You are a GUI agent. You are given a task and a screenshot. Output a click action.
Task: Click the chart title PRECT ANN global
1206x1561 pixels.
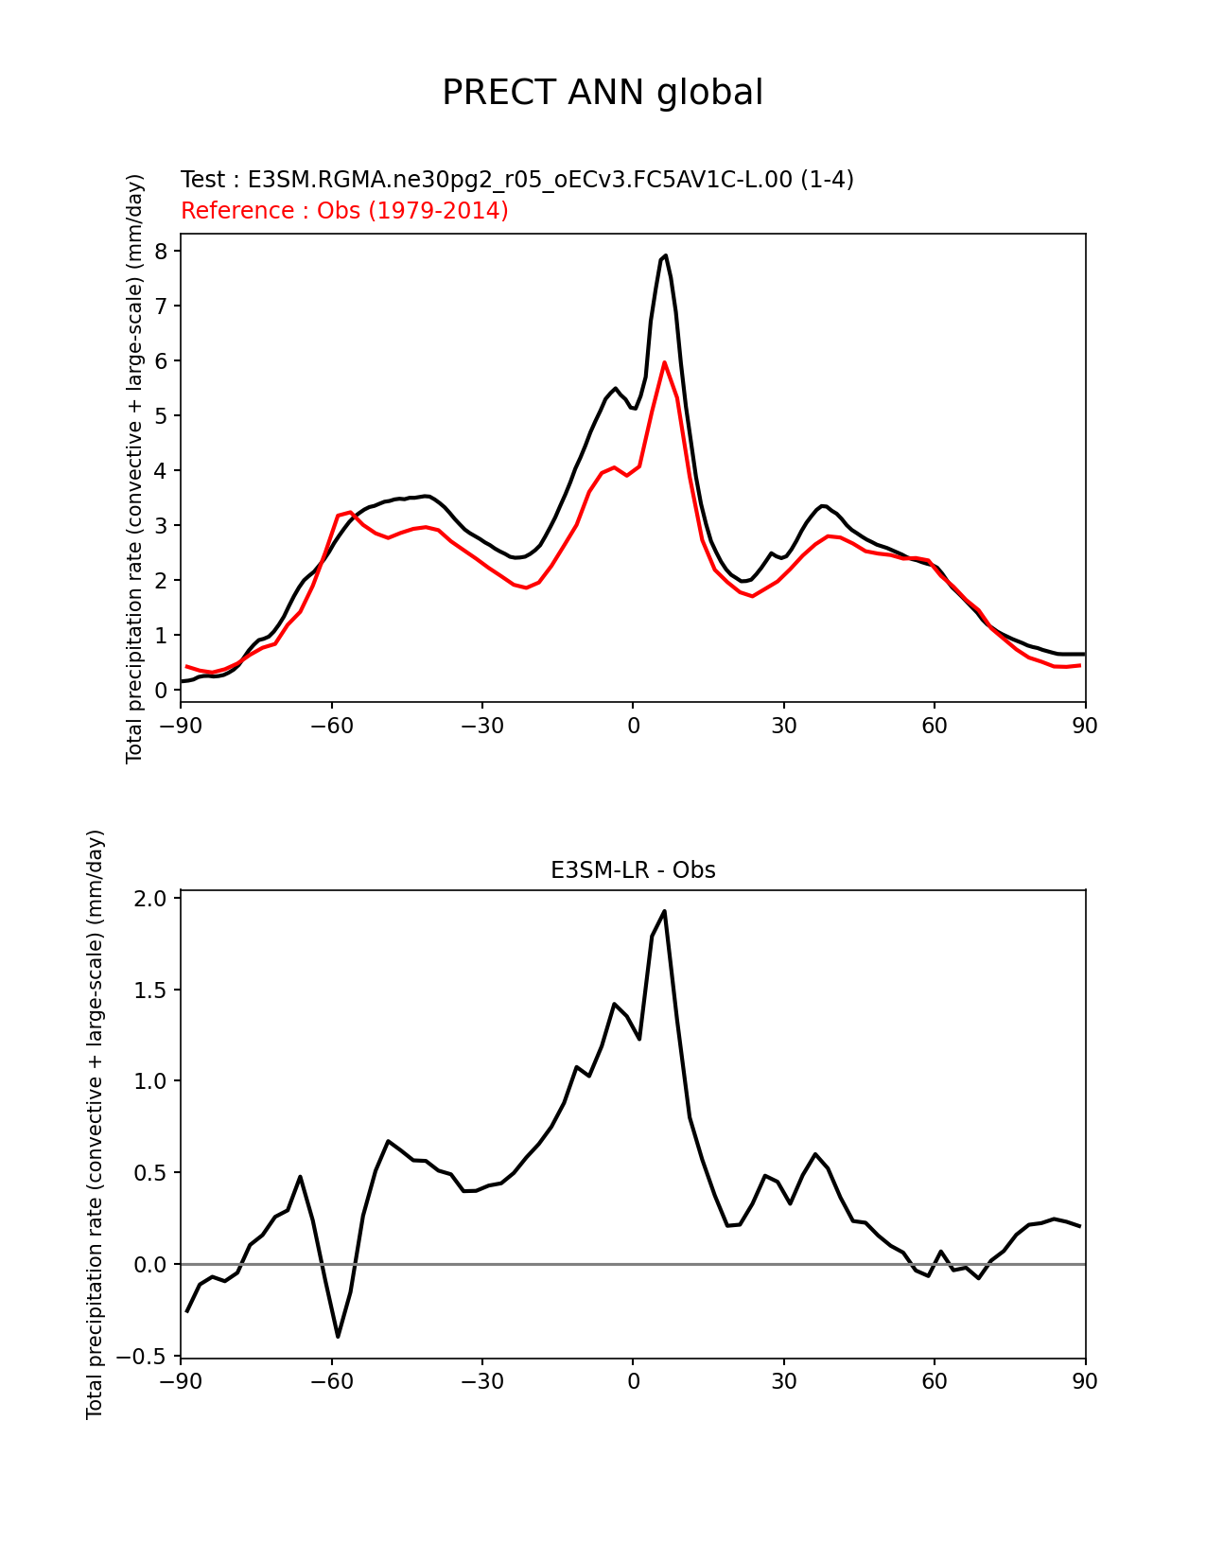[x=603, y=93]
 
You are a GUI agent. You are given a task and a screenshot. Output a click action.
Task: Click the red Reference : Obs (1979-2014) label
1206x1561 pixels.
[x=344, y=211]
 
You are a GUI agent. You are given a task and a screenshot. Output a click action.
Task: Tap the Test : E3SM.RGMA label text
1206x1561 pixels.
[x=516, y=180]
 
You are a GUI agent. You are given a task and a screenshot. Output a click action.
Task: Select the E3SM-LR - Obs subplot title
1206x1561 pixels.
[x=633, y=870]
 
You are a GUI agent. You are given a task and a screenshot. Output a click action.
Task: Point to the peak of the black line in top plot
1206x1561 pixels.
[x=666, y=255]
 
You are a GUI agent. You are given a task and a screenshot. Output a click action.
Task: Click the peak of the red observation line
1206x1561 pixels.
[x=665, y=362]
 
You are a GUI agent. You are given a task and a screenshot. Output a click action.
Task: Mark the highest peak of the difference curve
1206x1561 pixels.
[x=664, y=911]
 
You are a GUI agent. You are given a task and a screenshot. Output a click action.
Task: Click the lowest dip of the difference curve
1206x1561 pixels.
[x=338, y=1336]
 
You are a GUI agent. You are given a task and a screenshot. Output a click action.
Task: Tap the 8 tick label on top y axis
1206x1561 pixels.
[x=162, y=252]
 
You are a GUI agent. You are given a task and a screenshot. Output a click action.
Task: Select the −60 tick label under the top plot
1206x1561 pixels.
[x=331, y=727]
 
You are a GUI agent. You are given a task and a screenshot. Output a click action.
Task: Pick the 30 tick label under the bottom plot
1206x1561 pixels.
[x=783, y=1382]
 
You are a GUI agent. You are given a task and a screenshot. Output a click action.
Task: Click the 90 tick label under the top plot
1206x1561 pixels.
[x=1085, y=727]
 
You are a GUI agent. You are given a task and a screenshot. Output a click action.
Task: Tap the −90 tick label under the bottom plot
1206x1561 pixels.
[x=180, y=1382]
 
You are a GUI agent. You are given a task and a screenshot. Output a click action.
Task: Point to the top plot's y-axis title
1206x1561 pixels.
[x=134, y=468]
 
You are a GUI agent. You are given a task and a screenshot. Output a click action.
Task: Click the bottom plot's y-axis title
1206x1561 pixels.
[x=95, y=1124]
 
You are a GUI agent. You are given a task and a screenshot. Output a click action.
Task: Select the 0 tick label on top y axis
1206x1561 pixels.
[x=162, y=691]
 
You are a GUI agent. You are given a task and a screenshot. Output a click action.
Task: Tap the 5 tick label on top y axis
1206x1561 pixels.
[x=162, y=416]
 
